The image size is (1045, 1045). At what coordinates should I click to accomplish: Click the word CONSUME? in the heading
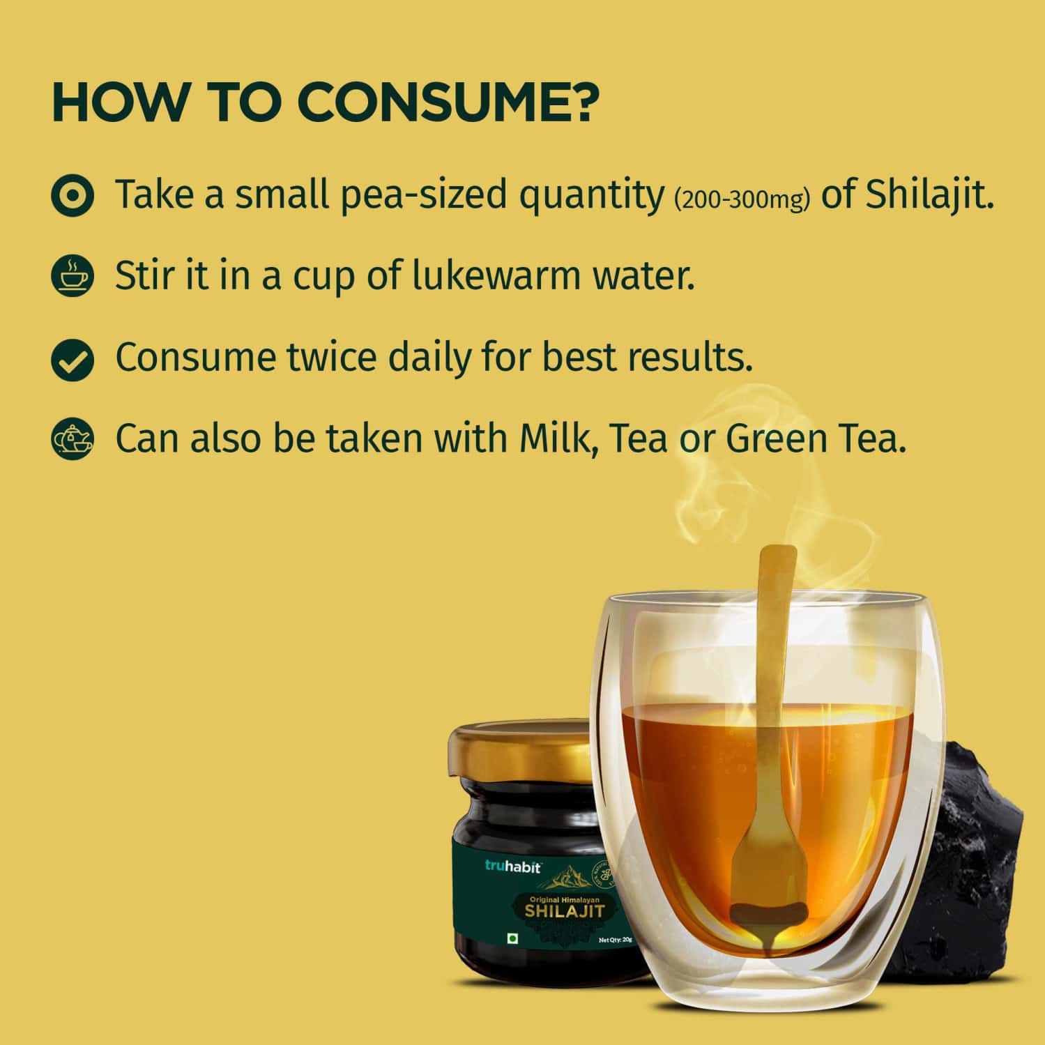[x=449, y=103]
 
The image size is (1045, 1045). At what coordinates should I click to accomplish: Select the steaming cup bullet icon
[x=72, y=276]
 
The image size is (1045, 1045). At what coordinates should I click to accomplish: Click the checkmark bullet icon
[x=72, y=358]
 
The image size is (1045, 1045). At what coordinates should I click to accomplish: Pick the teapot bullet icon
[x=72, y=439]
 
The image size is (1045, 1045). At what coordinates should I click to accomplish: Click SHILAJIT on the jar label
[x=564, y=911]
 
